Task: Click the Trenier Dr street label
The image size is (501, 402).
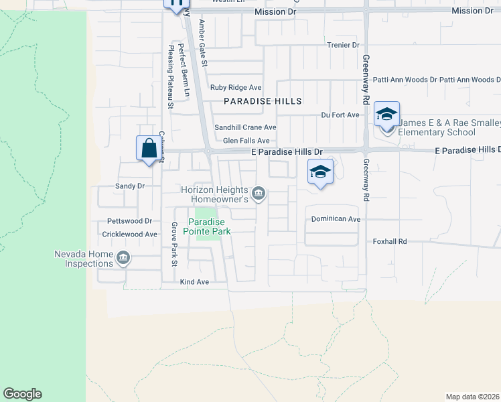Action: [x=343, y=45]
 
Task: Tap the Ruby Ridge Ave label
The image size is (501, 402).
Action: [x=236, y=88]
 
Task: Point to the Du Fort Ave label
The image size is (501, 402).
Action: [x=340, y=115]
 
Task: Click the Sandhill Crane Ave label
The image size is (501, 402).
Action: [x=245, y=127]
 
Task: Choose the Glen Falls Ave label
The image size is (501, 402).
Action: [x=246, y=141]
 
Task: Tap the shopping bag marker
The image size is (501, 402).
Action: [x=149, y=147]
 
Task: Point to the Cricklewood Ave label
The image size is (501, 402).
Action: [x=129, y=234]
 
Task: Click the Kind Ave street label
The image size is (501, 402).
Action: [x=195, y=282]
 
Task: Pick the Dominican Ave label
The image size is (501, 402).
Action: [x=336, y=219]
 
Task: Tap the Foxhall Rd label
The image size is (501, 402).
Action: [x=390, y=241]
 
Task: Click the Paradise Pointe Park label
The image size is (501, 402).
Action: [x=209, y=226]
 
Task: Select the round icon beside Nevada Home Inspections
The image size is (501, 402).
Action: [x=123, y=258]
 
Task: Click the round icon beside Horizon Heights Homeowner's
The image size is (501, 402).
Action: [x=260, y=195]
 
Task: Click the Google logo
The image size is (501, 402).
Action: [x=22, y=394]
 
